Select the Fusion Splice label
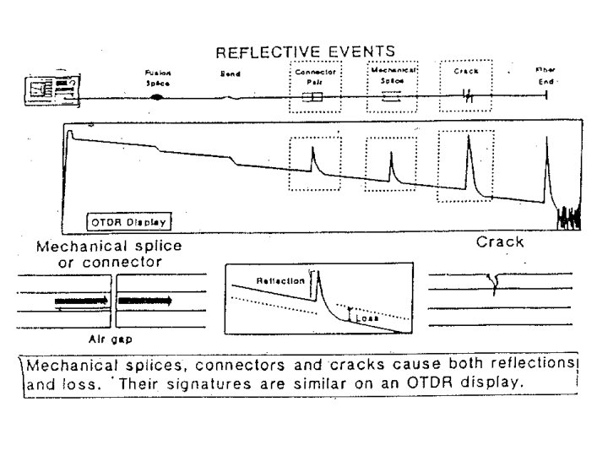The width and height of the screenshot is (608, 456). [157, 78]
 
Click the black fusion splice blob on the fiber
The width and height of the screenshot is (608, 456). [156, 98]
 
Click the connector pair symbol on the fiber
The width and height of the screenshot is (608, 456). [312, 98]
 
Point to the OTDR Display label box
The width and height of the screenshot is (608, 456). [129, 222]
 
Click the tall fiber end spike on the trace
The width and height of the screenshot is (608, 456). [546, 144]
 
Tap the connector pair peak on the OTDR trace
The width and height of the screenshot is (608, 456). [312, 152]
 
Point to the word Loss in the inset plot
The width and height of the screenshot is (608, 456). [366, 320]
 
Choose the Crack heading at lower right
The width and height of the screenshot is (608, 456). [500, 242]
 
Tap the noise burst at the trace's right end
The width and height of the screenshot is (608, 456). [569, 218]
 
